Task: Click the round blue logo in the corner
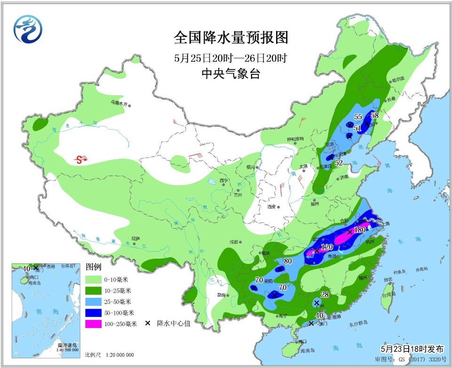point(28,28)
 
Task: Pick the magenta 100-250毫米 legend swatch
point(98,324)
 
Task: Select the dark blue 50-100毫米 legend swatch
point(98,312)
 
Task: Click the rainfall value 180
point(360,230)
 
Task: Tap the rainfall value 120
point(326,247)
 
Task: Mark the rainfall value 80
point(288,262)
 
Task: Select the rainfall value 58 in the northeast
point(375,115)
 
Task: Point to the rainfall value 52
point(338,163)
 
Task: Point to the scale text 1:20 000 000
point(117,355)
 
